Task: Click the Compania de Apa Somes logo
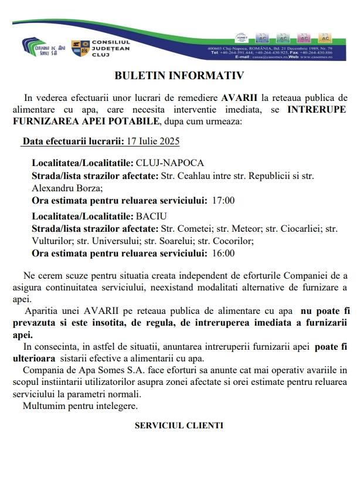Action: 44,46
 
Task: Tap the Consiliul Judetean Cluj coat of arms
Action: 80,48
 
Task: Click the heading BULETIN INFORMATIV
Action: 179,76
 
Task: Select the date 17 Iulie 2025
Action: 153,141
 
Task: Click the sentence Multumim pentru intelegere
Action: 80,405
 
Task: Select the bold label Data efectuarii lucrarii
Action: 73,141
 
